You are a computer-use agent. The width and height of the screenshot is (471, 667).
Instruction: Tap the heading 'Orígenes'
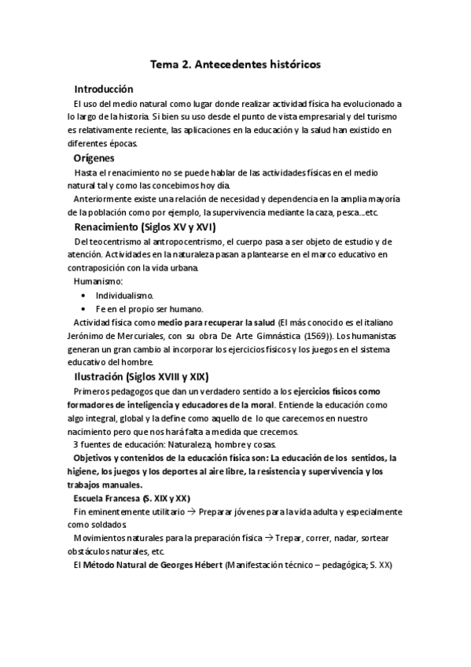click(x=94, y=158)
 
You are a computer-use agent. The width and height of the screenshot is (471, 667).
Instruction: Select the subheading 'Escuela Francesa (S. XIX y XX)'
click(x=131, y=499)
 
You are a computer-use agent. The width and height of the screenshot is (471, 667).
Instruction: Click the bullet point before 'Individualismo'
click(x=83, y=295)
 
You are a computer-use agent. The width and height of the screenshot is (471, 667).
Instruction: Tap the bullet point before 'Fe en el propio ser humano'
click(x=83, y=308)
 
